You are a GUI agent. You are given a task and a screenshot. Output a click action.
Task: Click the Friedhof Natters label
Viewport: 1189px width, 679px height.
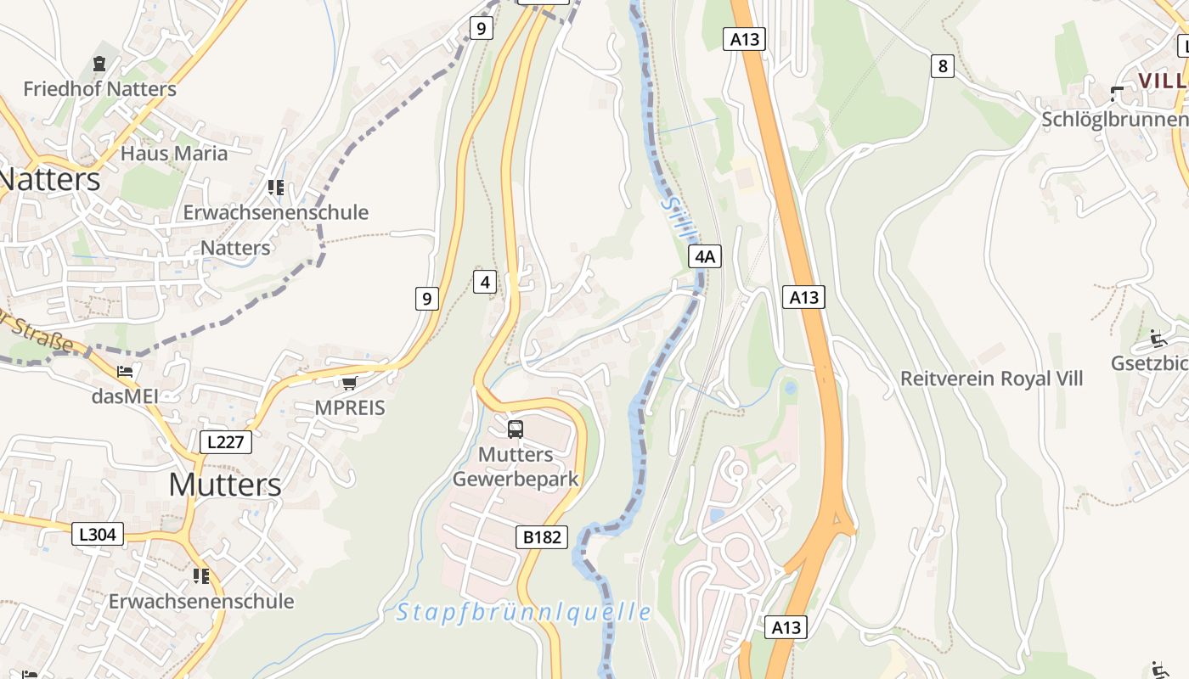[99, 88]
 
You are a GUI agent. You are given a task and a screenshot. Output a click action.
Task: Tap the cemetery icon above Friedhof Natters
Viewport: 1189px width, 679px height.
[99, 64]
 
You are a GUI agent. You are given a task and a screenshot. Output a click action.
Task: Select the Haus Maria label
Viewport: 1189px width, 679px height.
[174, 153]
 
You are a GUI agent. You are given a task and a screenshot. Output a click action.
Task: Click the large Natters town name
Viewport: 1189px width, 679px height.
[50, 179]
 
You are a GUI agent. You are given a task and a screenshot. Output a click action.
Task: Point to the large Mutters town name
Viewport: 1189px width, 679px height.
[224, 484]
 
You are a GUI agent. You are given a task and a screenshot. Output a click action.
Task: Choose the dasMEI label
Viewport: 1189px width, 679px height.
[126, 396]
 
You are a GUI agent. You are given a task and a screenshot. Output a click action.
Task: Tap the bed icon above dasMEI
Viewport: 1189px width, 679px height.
[125, 372]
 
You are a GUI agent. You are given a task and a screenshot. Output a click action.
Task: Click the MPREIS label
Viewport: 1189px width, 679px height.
[350, 407]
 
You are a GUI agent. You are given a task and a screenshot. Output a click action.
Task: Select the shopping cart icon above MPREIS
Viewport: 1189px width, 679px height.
[349, 383]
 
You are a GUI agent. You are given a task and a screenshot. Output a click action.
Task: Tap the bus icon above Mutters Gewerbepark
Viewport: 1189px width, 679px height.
[516, 429]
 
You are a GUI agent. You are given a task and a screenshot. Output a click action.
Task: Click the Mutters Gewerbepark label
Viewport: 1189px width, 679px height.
[516, 466]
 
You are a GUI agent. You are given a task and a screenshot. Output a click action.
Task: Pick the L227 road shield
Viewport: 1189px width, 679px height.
[226, 441]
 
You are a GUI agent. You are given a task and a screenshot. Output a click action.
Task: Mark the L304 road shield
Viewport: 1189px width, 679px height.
[99, 533]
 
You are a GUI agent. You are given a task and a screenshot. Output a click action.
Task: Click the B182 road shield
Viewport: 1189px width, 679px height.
[541, 536]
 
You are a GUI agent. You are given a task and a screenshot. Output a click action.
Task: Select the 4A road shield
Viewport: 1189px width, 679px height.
[705, 256]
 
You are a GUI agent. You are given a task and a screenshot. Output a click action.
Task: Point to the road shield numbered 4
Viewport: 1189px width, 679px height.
[484, 282]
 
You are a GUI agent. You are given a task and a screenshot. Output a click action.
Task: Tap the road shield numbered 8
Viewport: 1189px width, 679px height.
[942, 65]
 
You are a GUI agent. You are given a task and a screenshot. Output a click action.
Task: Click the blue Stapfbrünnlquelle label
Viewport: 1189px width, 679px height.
[524, 611]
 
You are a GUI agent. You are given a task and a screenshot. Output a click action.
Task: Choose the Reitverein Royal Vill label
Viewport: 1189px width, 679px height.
[992, 378]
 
